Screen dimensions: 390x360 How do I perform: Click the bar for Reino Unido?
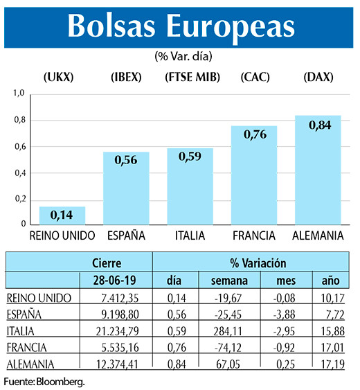pyautogui.click(x=62, y=215)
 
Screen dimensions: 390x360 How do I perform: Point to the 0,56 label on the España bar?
pyautogui.click(x=126, y=159)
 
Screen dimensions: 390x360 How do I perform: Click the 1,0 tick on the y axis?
pyautogui.click(x=19, y=93)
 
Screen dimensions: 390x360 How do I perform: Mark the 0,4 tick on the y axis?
pyautogui.click(x=19, y=172)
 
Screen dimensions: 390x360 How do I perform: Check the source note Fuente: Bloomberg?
pyautogui.click(x=44, y=382)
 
